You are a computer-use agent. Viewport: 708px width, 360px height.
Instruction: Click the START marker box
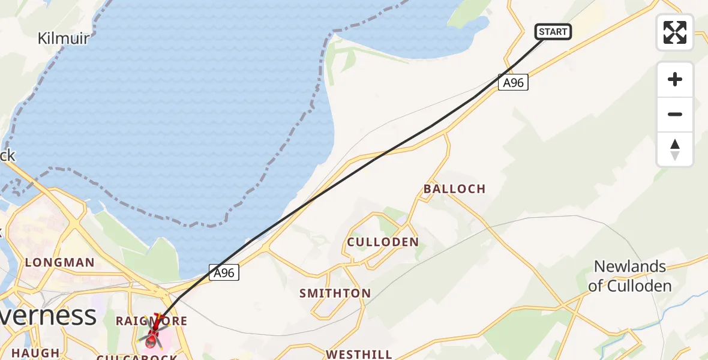point(553,32)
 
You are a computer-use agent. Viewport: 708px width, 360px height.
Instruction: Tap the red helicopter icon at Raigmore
point(152,334)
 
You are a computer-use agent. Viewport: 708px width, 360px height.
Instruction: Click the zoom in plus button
point(675,79)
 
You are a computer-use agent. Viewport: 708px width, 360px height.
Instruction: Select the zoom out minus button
point(675,114)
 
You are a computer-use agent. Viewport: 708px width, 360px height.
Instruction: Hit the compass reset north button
point(675,149)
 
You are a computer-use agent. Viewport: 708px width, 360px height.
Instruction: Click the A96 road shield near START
point(513,83)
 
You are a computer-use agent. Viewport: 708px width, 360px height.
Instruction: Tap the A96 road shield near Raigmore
point(224,272)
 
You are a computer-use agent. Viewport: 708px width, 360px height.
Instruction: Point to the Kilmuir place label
point(64,39)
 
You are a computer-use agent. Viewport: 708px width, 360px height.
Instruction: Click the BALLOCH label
point(454,188)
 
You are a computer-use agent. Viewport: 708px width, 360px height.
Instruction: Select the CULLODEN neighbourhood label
point(383,242)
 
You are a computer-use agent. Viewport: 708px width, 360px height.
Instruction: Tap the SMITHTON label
point(335,293)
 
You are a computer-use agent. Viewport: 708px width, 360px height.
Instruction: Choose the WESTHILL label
point(359,354)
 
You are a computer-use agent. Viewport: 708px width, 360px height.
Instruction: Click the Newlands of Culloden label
point(629,276)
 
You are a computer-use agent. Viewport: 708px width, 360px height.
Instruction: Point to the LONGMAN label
point(59,262)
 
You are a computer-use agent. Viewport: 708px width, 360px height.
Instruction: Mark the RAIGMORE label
point(151,322)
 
